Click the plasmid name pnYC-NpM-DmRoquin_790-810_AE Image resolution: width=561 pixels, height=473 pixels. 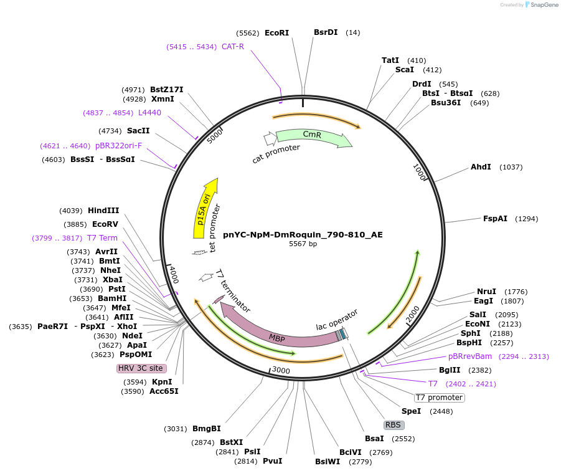click(303, 235)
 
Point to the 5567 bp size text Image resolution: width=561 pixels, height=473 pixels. click(303, 244)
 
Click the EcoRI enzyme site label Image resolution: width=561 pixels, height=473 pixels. click(276, 32)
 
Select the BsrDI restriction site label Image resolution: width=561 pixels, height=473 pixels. click(326, 32)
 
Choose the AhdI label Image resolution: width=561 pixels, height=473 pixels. click(481, 167)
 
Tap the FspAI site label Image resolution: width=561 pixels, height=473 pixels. click(495, 219)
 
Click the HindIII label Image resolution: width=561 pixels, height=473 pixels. click(103, 211)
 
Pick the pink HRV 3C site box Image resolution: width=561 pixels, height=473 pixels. click(141, 368)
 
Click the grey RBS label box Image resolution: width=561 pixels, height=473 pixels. click(394, 425)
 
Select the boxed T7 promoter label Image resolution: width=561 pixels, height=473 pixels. click(440, 398)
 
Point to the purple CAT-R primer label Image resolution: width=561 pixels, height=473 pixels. click(233, 47)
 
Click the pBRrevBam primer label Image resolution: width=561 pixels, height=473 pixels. click(470, 356)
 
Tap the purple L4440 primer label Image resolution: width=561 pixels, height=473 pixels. click(149, 113)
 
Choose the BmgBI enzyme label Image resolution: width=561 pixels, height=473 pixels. click(207, 429)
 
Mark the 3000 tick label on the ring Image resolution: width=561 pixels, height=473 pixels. click(281, 371)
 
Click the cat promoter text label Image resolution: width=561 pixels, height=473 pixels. click(276, 154)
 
